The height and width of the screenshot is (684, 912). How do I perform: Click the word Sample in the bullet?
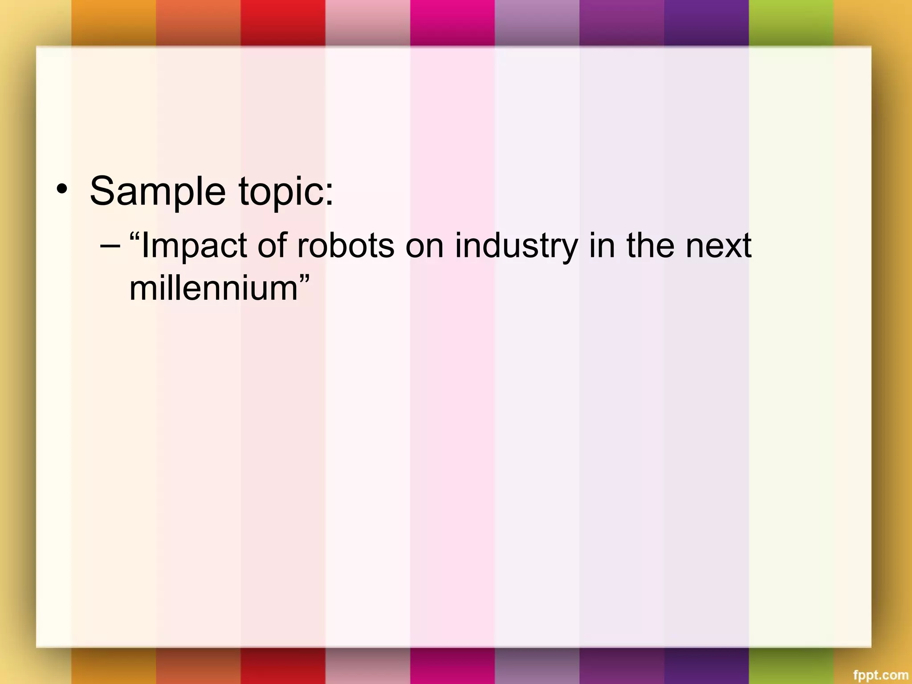[158, 191]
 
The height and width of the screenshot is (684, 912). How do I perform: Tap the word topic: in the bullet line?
[286, 191]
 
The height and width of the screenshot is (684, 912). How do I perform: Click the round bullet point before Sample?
[62, 190]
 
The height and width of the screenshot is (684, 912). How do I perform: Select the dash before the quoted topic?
[110, 245]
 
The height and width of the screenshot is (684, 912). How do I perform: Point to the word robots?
[346, 246]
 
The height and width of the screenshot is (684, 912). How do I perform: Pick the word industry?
[516, 246]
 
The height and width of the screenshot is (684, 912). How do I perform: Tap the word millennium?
[213, 289]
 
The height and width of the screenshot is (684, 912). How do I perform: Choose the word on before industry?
[424, 246]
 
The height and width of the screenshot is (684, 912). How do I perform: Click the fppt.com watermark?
[884, 675]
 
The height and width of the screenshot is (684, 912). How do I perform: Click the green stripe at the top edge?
[791, 22]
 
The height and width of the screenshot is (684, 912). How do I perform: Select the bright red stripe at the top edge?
[283, 22]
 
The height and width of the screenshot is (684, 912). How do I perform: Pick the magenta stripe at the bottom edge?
[452, 666]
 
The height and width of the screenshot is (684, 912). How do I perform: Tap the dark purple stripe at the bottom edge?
[706, 666]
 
